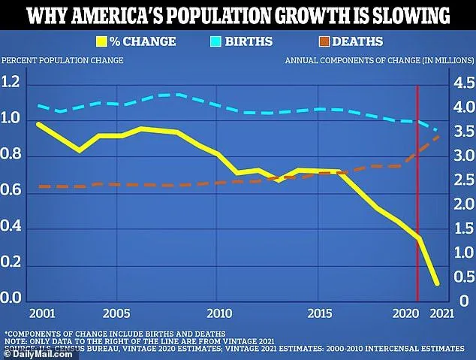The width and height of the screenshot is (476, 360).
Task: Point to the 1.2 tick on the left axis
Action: click(x=13, y=82)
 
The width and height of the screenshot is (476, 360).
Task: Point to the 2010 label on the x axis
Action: click(x=218, y=312)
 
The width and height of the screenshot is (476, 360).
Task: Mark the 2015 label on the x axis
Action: click(x=321, y=312)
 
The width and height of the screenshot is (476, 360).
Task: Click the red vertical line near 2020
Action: click(x=417, y=188)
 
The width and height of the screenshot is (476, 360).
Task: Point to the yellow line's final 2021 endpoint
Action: click(x=436, y=283)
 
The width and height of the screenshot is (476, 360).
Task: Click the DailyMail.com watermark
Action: click(x=28, y=353)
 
